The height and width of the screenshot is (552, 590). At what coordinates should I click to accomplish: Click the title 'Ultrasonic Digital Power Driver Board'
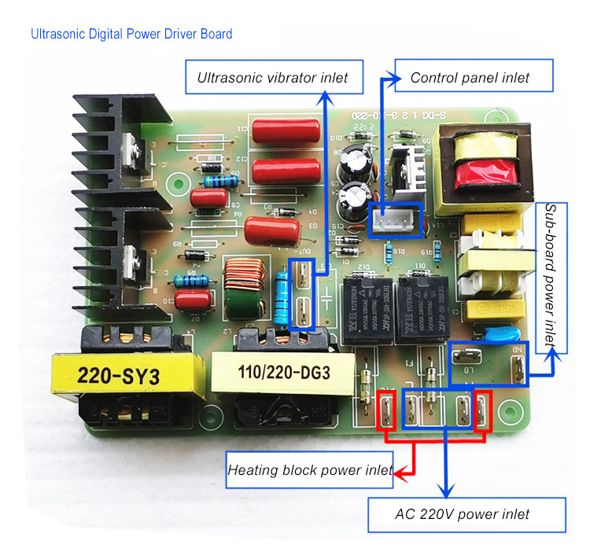[131, 35]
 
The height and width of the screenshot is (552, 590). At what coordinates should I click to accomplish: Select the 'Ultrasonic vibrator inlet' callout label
[272, 78]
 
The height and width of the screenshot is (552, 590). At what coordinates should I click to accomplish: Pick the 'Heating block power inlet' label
[309, 470]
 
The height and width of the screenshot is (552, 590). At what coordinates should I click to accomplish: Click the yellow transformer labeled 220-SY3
[119, 377]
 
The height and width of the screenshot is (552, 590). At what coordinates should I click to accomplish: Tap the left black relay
[365, 303]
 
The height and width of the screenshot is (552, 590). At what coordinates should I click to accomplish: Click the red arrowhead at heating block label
[399, 472]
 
